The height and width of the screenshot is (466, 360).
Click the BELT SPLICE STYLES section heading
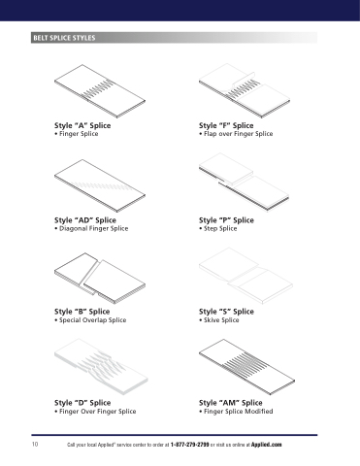[x=64, y=38]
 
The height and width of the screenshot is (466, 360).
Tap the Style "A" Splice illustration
[x=100, y=91]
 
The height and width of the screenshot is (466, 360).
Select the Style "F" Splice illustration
[x=245, y=90]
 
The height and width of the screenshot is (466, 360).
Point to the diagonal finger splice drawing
[x=100, y=185]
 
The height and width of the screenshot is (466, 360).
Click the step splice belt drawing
[x=244, y=183]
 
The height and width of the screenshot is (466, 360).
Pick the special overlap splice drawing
[x=100, y=279]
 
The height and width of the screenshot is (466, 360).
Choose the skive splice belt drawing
[x=245, y=276]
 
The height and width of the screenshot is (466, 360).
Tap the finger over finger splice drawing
[x=101, y=367]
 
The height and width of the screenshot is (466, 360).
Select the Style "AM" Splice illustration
[x=246, y=367]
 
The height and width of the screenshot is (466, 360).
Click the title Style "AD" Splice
[x=85, y=220]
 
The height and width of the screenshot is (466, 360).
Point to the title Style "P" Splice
[x=226, y=220]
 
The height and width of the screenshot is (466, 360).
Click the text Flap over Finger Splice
[x=238, y=134]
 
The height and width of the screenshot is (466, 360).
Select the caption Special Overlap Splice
[x=92, y=320]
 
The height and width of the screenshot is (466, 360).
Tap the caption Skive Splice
[x=221, y=320]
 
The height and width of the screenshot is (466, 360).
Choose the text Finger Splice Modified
[x=238, y=412]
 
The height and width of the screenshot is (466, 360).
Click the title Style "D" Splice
[x=82, y=403]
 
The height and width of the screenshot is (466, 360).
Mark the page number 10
[x=35, y=444]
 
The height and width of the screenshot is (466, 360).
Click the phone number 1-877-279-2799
[x=189, y=445]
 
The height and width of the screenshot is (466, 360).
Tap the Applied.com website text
[x=266, y=445]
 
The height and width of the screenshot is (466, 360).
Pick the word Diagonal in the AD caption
[x=73, y=228]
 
